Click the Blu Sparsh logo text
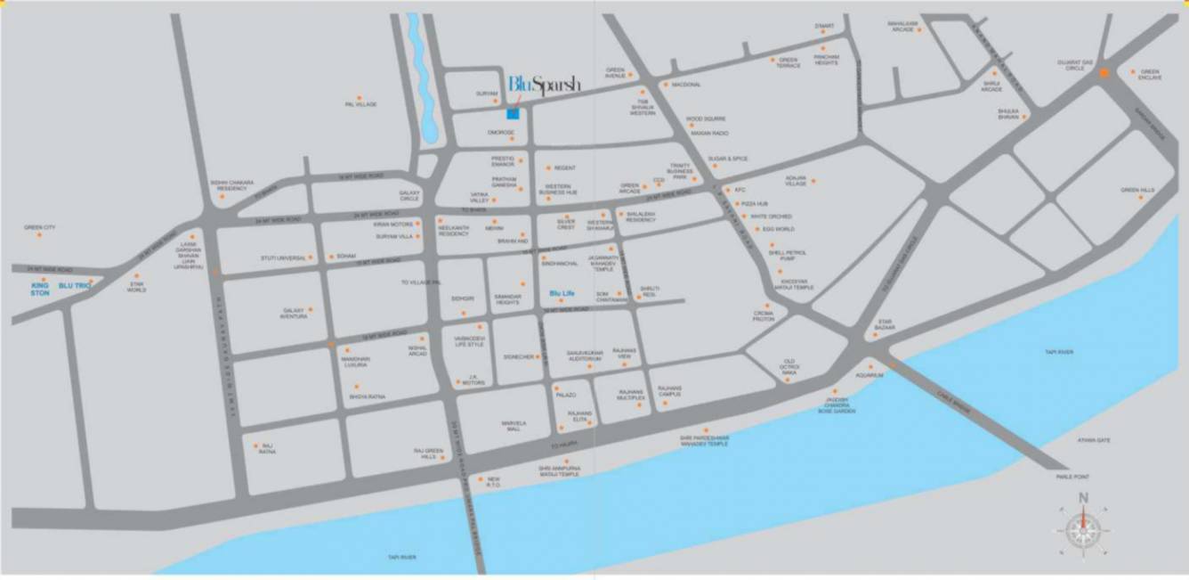(544, 85)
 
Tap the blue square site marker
(513, 113)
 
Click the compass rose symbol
(1083, 530)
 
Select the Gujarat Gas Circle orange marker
(1103, 74)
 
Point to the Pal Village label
(360, 105)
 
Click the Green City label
(40, 228)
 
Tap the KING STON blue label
(40, 289)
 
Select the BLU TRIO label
(75, 285)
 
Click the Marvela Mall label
(514, 426)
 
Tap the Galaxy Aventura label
(294, 314)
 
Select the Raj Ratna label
(267, 449)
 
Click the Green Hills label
(1137, 190)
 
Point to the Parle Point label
(1072, 477)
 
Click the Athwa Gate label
(1092, 440)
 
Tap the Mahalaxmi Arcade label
(902, 26)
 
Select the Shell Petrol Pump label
(781, 255)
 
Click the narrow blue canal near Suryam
(422, 80)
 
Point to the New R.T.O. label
(494, 482)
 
